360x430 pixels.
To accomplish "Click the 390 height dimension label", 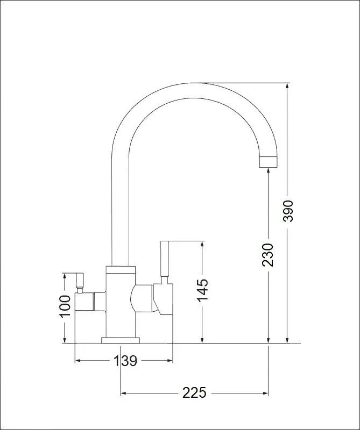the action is (288, 211).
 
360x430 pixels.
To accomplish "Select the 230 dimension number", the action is (268, 255).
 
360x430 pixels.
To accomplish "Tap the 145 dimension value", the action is (202, 290).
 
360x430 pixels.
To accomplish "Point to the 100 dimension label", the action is (65, 306).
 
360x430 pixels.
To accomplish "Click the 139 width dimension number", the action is (125, 361).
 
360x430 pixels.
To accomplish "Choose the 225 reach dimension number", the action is (194, 393).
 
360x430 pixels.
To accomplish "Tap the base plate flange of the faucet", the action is (121, 340).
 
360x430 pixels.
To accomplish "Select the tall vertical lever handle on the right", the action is (164, 259).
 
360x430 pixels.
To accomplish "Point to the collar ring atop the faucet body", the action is (121, 269).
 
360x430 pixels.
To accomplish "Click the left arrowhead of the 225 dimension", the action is (124, 393).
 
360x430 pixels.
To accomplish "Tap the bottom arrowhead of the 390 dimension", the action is (287, 340).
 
